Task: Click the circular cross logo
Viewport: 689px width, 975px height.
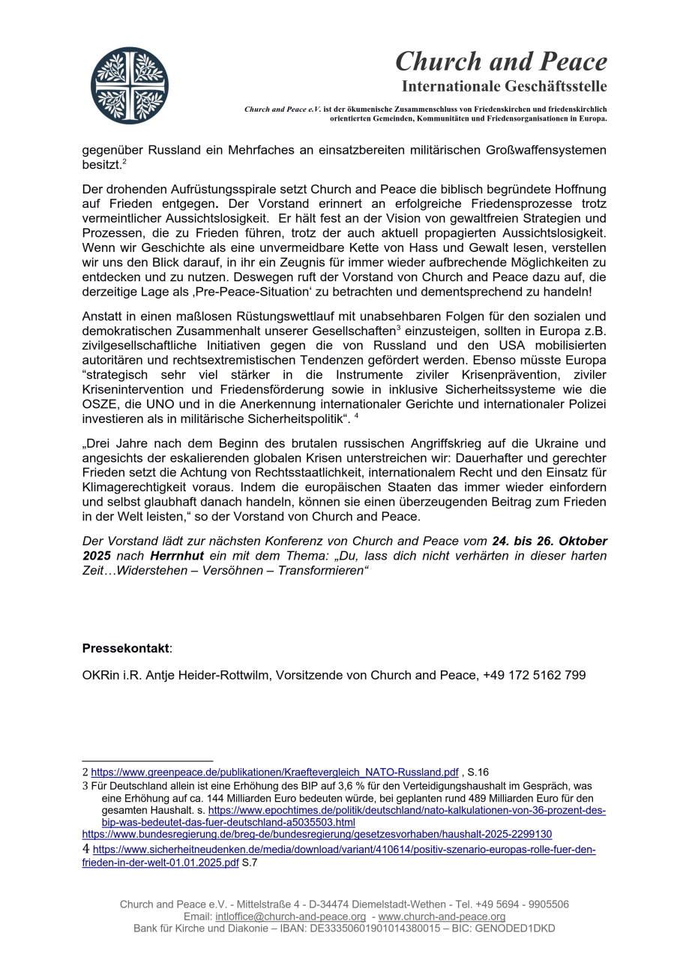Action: pos(130,85)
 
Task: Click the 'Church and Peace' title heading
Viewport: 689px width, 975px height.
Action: pos(501,61)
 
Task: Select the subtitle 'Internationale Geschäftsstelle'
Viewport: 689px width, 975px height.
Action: pos(504,86)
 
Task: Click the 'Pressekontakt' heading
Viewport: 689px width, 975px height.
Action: pos(126,647)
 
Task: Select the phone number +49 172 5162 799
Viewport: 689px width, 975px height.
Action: pos(535,675)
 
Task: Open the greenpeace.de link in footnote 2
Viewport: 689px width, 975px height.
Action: pos(274,772)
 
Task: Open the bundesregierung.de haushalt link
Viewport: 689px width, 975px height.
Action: pos(316,834)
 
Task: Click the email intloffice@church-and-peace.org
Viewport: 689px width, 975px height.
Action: pos(290,916)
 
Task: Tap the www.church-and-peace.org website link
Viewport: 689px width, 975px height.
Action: pos(442,916)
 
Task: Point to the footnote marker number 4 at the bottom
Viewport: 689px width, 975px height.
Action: pos(85,850)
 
